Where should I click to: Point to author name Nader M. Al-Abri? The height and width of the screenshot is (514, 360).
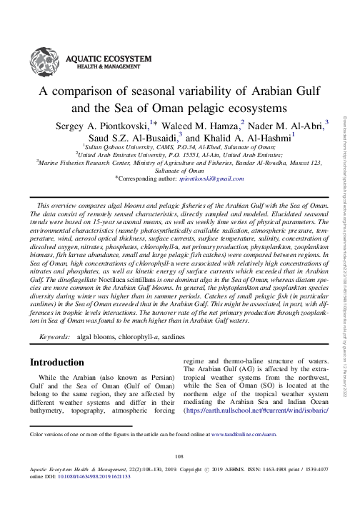point(284,126)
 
